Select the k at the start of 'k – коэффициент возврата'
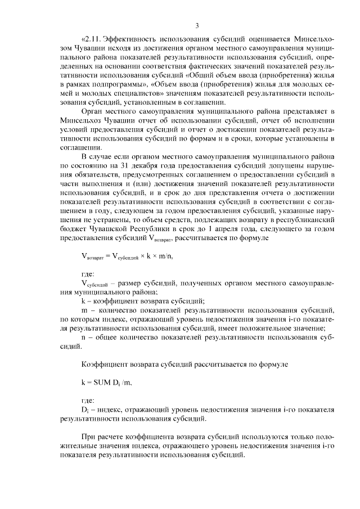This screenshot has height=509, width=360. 83,301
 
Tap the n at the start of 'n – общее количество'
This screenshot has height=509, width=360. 83,337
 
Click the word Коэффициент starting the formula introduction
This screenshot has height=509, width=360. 105,364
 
